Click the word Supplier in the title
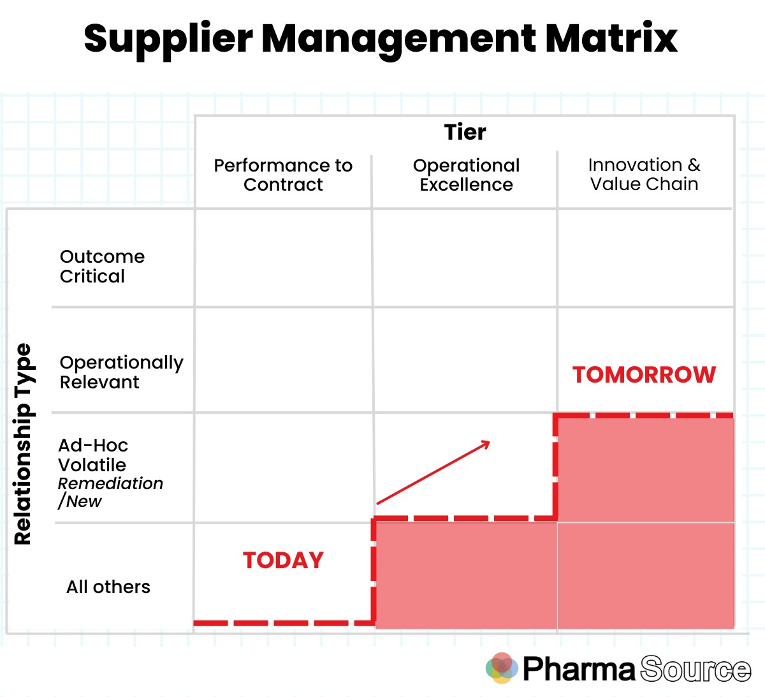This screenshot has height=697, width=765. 168,38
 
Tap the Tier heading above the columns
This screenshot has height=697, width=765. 465,132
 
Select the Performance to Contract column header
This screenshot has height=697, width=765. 283,175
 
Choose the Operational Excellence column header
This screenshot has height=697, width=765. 466,175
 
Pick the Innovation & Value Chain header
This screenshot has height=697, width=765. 644,174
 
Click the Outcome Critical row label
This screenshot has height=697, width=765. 102,266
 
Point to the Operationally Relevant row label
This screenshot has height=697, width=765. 121,372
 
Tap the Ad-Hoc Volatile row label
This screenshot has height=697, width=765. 93,455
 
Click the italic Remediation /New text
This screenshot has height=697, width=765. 110,492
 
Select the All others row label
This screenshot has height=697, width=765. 108,587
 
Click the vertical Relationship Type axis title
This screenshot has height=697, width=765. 23,444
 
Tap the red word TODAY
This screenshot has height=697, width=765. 283,560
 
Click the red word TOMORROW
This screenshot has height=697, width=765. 644,374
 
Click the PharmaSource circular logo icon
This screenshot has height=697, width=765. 502,668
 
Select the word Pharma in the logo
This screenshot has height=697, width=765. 579,669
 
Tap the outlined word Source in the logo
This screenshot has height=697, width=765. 696,669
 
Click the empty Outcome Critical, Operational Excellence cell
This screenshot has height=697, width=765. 465,258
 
